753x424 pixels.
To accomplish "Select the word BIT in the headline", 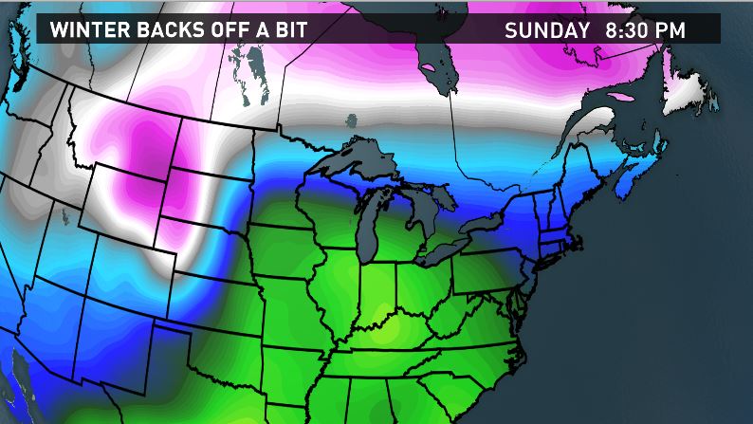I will click(289, 29).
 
